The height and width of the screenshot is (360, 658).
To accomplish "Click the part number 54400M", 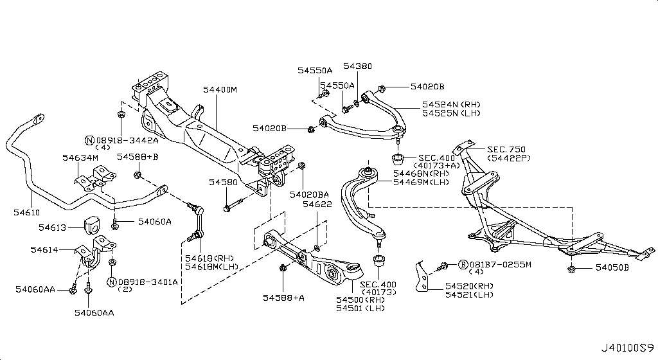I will (x=220, y=90).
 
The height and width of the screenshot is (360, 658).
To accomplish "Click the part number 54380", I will (x=357, y=66).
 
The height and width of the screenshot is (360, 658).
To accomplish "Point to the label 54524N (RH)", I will (x=450, y=104).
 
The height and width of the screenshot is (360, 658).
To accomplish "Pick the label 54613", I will (x=52, y=226).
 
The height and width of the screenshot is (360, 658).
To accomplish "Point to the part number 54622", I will (x=317, y=204).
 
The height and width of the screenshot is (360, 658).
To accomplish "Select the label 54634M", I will (x=80, y=157).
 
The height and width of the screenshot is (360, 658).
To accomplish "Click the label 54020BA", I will (x=309, y=194).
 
